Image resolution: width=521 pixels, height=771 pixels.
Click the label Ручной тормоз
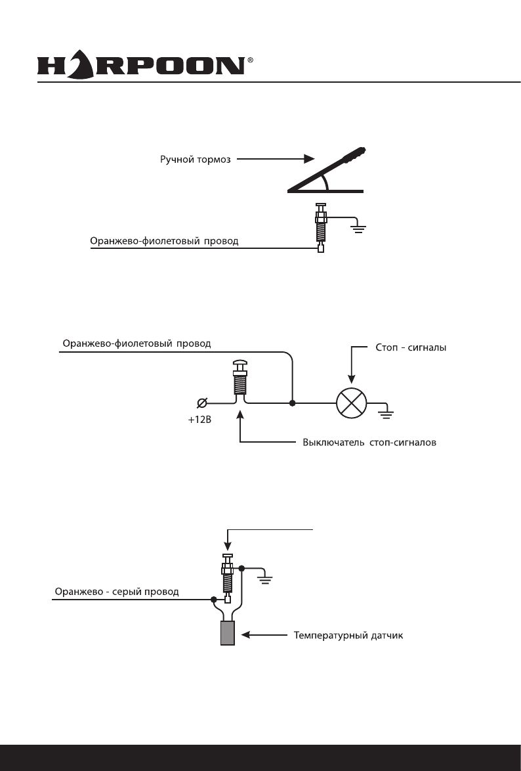pos(196,160)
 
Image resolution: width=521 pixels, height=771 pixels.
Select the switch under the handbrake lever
pos(321,227)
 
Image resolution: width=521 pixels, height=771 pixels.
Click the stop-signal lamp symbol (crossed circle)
pos(350,403)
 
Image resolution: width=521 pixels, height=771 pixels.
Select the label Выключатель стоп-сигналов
pos(369,442)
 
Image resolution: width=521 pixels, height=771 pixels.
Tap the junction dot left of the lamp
pos(292,403)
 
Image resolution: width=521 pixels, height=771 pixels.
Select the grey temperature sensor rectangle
pos(227,634)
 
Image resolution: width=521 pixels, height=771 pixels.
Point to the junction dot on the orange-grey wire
pos(214,599)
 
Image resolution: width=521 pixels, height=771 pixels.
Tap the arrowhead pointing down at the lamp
pos(351,378)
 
